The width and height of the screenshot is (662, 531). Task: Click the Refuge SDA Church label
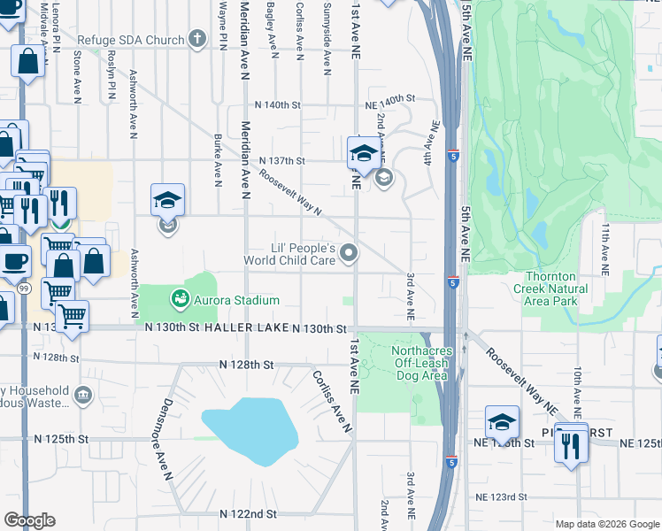point(131,40)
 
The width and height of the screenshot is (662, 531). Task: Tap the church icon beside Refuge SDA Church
point(196,40)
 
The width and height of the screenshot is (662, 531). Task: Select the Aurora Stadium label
point(237,301)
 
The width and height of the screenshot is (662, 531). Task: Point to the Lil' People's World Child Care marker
point(349,254)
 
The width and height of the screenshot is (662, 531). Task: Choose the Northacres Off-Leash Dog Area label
point(420,363)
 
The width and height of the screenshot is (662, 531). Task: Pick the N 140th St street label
point(278,105)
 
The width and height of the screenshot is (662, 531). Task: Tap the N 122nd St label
point(249,513)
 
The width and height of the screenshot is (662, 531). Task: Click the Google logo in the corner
point(29,520)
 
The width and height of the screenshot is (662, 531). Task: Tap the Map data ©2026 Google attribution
point(606,524)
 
